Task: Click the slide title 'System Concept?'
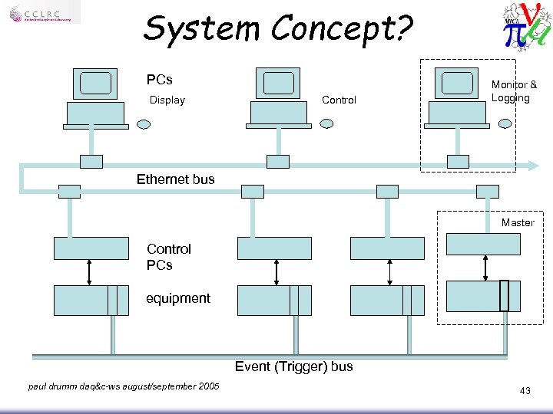[277, 29]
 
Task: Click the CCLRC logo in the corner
[45, 15]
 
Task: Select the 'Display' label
[167, 100]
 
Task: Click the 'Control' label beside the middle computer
[339, 100]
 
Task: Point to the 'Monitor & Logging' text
[513, 91]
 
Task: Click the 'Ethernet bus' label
[175, 179]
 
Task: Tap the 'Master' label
[517, 222]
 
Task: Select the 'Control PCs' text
[168, 257]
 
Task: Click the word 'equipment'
[177, 298]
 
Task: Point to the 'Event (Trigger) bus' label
[293, 366]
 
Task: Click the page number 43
[525, 391]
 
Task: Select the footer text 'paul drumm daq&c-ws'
[123, 386]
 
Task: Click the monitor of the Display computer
[95, 84]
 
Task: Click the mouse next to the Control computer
[327, 123]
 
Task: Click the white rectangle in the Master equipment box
[504, 295]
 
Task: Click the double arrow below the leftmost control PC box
[91, 272]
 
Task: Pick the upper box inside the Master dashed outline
[483, 244]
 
